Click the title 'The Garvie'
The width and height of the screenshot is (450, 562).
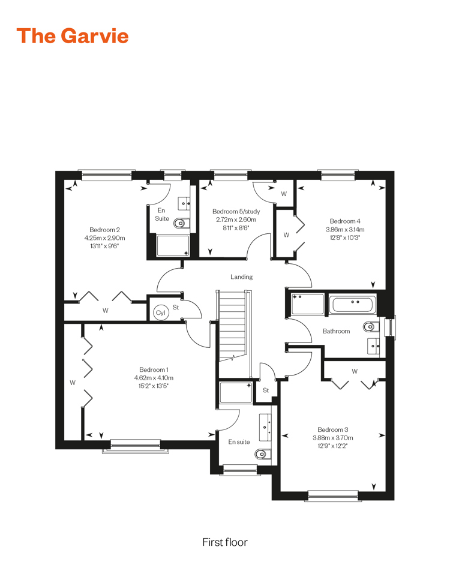click(73, 36)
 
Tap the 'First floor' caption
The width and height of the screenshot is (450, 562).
click(225, 542)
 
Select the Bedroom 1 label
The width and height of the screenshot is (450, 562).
click(154, 369)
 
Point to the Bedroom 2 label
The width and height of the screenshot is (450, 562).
click(105, 230)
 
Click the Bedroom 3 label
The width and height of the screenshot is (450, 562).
click(333, 429)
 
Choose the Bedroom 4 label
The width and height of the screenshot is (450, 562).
click(345, 221)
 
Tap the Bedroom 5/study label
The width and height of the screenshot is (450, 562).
click(236, 212)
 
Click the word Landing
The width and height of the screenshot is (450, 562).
click(241, 277)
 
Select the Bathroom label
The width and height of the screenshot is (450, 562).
click(336, 331)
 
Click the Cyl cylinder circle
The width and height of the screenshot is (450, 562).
click(160, 312)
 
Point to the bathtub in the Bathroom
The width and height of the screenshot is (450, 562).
click(353, 305)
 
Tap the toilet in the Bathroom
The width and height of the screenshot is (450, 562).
click(371, 327)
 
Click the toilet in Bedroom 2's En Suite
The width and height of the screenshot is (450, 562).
click(182, 224)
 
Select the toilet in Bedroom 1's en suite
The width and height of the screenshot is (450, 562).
click(263, 455)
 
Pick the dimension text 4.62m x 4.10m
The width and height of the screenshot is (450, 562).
click(154, 378)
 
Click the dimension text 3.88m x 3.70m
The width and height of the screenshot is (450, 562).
click(333, 438)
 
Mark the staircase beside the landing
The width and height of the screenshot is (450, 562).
click(233, 326)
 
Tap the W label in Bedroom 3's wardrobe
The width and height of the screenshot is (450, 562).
click(355, 371)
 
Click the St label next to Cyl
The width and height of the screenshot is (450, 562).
click(176, 308)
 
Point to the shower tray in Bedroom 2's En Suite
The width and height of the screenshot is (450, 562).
click(173, 246)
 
